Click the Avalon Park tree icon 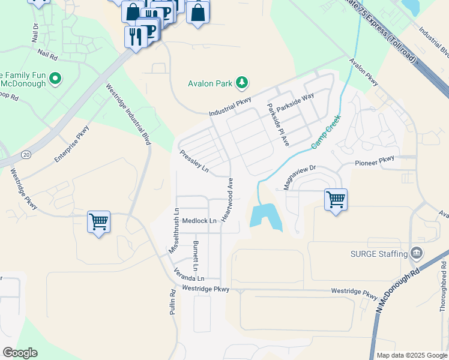click(242, 82)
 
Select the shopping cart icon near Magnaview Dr click(336, 200)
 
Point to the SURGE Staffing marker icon click(415, 253)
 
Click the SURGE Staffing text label click(379, 254)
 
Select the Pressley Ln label click(194, 161)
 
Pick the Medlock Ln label click(199, 221)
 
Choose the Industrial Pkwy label click(230, 107)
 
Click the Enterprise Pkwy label click(72, 143)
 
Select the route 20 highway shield click(26, 154)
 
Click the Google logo click(20, 353)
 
